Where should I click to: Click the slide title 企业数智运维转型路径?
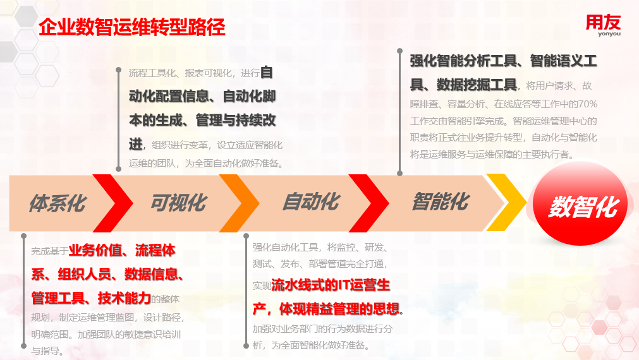pos(132,28)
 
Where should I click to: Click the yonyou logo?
pos(604,25)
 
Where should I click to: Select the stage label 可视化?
pos(179,202)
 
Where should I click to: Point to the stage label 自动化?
pos(311,201)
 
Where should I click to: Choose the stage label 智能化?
pos(441,201)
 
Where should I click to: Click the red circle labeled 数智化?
pos(580,203)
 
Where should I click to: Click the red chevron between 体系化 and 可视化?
pos(113,203)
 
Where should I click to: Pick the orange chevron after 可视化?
pos(239,203)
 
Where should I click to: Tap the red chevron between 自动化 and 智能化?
pos(369,203)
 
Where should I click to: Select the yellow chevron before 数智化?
pos(506,202)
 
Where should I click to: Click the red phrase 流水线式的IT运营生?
pos(331,285)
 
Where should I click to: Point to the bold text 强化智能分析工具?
pos(463,61)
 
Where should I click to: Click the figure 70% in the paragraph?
pos(588,104)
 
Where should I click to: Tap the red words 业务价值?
pos(95,250)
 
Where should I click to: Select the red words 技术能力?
pos(125,298)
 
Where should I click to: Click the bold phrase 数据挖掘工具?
pos(477,85)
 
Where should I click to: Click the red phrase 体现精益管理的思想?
pos(339,309)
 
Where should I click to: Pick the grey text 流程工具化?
pos(152,73)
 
